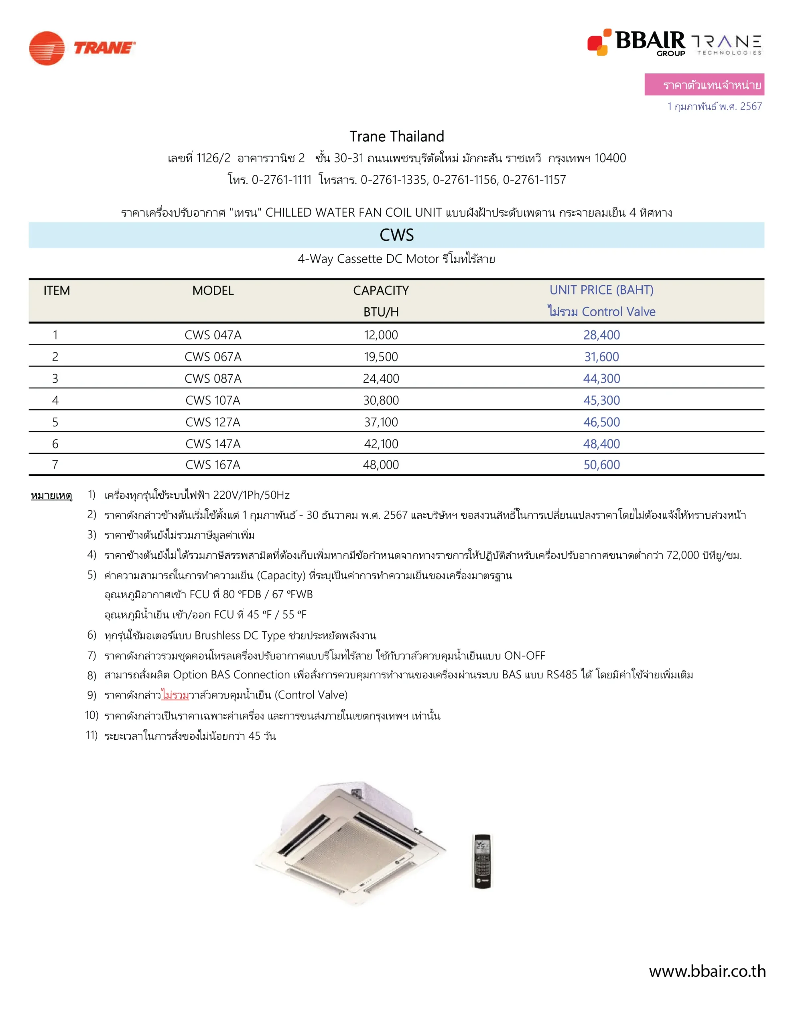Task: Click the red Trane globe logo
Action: click(47, 48)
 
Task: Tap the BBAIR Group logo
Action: click(636, 42)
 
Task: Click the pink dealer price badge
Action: click(704, 85)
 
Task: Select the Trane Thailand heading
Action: click(396, 136)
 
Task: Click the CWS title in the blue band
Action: click(396, 235)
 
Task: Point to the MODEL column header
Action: click(213, 290)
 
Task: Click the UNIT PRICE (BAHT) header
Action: click(601, 290)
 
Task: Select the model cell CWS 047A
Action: click(213, 335)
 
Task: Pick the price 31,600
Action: click(601, 357)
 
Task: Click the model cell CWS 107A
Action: click(213, 400)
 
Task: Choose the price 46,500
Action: click(601, 422)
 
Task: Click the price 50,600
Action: click(601, 465)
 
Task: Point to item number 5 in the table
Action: click(55, 422)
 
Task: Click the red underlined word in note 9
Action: click(175, 695)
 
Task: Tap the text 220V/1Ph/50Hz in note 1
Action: click(251, 495)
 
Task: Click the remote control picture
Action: click(482, 861)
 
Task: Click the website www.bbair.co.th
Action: click(707, 971)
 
